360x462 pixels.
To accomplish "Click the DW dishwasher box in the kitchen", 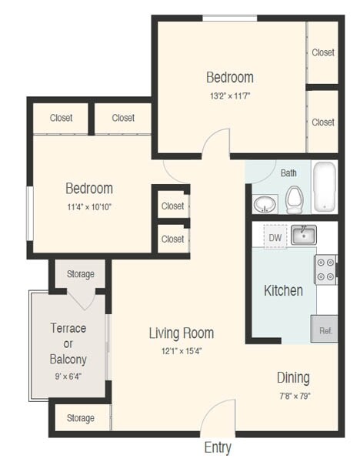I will point(275,236).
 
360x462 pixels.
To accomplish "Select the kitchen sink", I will point(304,234).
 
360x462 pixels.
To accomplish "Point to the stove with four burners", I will point(325,269).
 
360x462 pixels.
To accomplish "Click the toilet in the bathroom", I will point(293,199).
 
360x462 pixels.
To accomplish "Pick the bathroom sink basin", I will point(265,203).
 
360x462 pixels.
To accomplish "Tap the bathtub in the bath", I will point(325,187).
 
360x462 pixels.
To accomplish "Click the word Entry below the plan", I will point(217,447).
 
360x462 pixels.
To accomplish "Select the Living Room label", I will point(181,333).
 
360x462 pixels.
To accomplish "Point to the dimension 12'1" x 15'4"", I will point(181,351).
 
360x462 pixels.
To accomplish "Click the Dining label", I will point(293,377).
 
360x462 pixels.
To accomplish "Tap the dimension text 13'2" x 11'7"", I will point(229,96).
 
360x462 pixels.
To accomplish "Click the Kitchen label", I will point(283,290).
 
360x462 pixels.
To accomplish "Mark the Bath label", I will point(288,173).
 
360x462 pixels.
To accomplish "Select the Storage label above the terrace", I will point(80,274).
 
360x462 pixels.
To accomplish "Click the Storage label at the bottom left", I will point(80,418).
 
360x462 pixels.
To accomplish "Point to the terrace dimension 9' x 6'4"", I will point(68,377).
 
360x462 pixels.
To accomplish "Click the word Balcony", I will point(68,359).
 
